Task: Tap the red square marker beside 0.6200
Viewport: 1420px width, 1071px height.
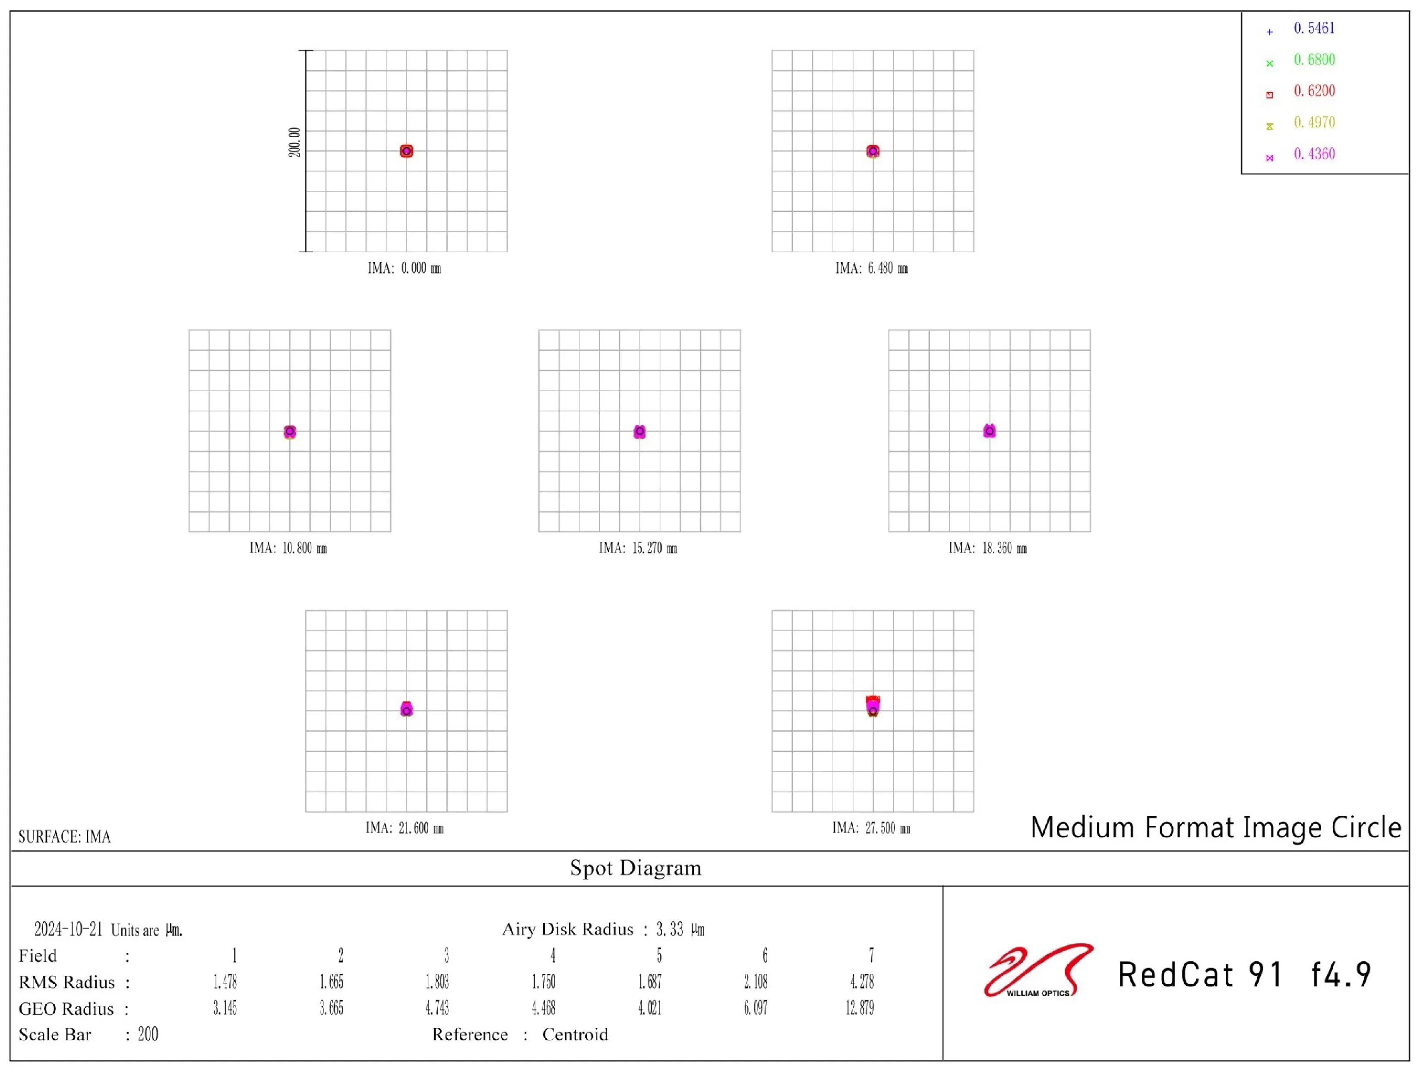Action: [1269, 95]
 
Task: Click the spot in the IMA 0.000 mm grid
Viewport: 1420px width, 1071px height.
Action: [406, 151]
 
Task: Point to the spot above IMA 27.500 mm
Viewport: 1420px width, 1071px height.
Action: [873, 705]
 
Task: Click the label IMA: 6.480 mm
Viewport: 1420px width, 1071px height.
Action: [871, 268]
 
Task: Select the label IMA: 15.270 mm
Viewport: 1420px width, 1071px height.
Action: [637, 548]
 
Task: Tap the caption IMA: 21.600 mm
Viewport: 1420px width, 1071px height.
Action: [405, 828]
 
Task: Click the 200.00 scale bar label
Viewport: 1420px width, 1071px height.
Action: [294, 142]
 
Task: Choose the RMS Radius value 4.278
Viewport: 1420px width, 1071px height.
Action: [861, 982]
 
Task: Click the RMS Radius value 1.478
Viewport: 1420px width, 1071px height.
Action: [225, 982]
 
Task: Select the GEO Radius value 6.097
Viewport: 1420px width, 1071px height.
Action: [755, 1008]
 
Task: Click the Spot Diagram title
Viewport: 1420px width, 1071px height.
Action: [636, 868]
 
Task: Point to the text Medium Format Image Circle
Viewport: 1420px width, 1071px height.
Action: [1215, 827]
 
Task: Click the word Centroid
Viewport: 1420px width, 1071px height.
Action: [575, 1034]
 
